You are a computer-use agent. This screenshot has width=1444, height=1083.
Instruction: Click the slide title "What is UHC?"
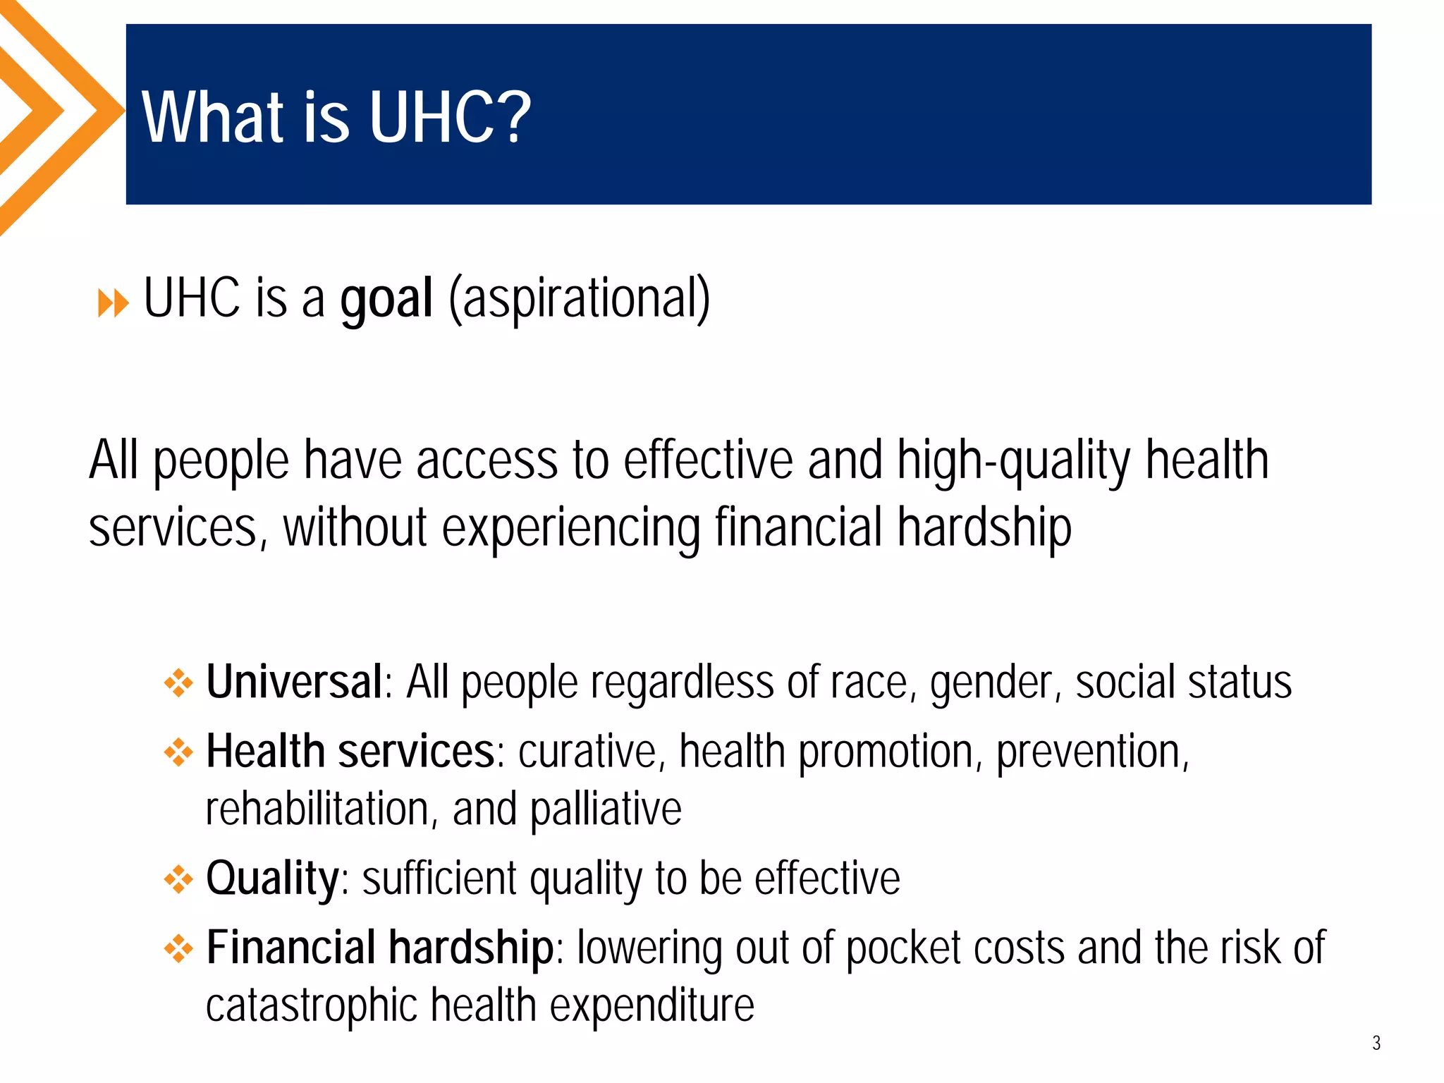(x=336, y=117)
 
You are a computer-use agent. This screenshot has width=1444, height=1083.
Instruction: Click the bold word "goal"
(x=386, y=300)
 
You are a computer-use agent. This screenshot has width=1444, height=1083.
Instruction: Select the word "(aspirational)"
(x=580, y=300)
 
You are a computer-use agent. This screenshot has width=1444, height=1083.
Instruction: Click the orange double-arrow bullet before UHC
(x=113, y=304)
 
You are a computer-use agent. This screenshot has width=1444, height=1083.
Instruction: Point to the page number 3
(x=1376, y=1043)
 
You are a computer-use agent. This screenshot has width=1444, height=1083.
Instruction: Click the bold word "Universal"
(x=294, y=682)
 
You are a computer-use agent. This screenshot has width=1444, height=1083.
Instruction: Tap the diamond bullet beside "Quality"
(x=178, y=879)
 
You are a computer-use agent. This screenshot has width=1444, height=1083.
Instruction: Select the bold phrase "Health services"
(x=350, y=752)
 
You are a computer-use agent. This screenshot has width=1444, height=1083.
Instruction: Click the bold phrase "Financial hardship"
(x=379, y=948)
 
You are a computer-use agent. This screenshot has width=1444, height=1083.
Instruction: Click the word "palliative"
(x=606, y=809)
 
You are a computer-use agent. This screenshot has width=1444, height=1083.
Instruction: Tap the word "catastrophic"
(x=312, y=1005)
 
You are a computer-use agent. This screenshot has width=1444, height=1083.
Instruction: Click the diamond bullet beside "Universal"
(x=178, y=683)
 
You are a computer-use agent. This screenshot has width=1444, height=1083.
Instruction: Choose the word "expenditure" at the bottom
(x=651, y=1006)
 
